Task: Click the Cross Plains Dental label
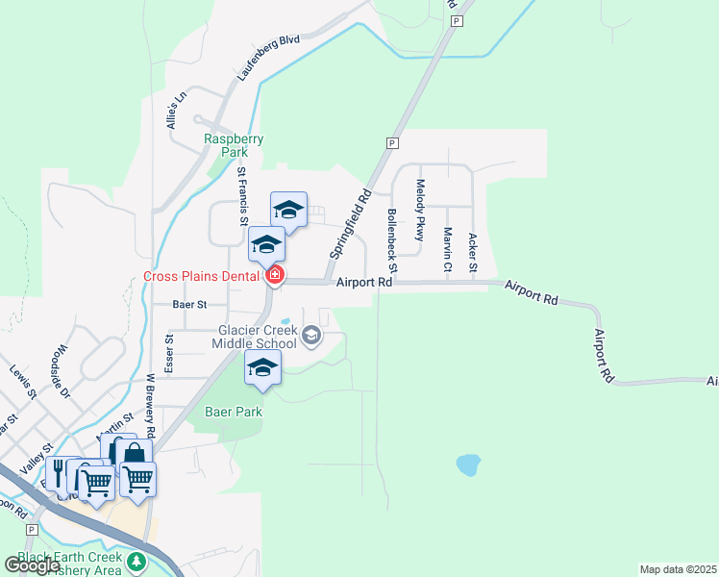click(201, 276)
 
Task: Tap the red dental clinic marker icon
click(276, 276)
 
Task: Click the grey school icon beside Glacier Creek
click(310, 336)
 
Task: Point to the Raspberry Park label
click(234, 145)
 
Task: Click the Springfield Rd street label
click(350, 223)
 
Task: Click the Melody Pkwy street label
click(420, 210)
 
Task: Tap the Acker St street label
click(472, 252)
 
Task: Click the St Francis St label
click(242, 195)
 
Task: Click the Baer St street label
click(189, 304)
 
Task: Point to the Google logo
click(33, 565)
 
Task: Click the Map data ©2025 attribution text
click(678, 569)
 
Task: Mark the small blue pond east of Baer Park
click(468, 465)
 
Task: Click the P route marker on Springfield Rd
click(391, 143)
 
